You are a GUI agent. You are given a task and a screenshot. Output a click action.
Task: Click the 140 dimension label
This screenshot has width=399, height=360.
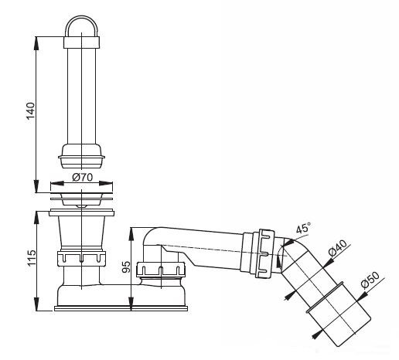pyautogui.click(x=30, y=111)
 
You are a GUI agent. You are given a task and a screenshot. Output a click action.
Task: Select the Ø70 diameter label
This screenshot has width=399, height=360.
pyautogui.click(x=82, y=177)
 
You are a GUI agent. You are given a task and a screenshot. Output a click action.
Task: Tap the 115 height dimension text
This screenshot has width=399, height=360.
pyautogui.click(x=32, y=258)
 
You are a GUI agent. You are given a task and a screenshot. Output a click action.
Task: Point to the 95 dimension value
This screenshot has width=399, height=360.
pyautogui.click(x=126, y=267)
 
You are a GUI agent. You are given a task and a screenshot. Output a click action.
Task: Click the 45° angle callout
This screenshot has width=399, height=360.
pyautogui.click(x=303, y=228)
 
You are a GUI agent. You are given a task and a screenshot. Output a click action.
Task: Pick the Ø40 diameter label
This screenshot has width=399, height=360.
pyautogui.click(x=338, y=249)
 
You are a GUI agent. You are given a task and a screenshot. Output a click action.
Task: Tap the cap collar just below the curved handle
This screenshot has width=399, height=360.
pyautogui.click(x=81, y=42)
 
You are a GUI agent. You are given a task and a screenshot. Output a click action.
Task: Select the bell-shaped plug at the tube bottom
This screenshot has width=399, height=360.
pyautogui.click(x=81, y=156)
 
